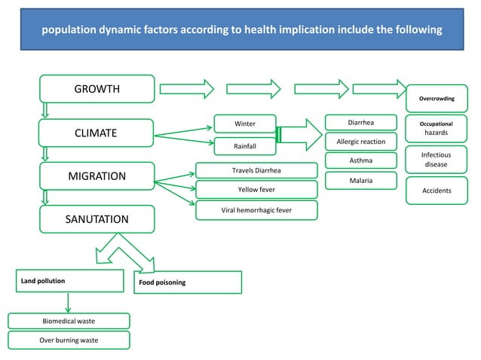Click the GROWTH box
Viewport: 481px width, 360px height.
[97, 89]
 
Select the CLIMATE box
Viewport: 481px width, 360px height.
[96, 133]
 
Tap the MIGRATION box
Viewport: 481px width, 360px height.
[97, 176]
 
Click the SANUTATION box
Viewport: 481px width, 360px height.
[97, 219]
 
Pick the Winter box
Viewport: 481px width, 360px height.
[244, 124]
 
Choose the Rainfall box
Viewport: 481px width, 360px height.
[244, 146]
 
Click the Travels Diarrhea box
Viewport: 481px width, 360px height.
[256, 170]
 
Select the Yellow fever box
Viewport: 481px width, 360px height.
[256, 190]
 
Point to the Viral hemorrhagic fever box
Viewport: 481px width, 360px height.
[256, 209]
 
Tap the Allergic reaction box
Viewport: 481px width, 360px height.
[360, 142]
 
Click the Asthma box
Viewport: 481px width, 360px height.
[360, 160]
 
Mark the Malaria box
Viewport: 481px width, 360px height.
[360, 181]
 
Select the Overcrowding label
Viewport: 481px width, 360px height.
[436, 99]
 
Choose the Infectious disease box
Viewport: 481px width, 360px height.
[436, 159]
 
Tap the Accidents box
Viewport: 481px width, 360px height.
[436, 191]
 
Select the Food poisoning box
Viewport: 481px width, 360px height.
[187, 282]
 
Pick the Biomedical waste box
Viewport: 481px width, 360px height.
[69, 321]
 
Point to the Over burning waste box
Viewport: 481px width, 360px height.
[69, 340]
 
